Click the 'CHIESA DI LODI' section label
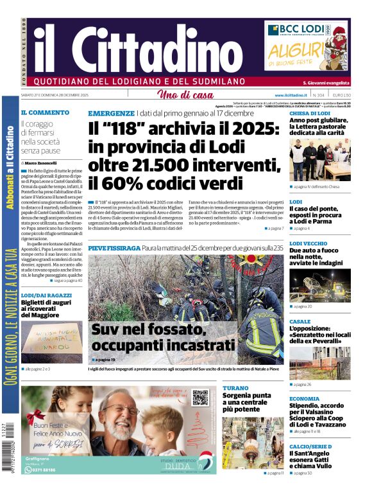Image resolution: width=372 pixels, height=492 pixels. point(310,113)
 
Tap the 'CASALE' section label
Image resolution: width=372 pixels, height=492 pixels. point(300,321)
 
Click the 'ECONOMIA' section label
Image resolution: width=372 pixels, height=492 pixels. point(304,398)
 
